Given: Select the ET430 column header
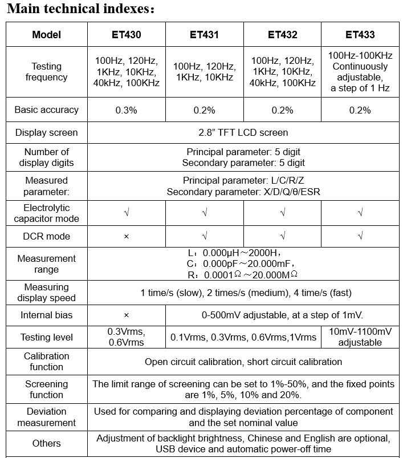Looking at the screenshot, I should click(126, 35).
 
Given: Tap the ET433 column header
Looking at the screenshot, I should click(360, 35).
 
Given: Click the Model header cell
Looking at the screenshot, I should click(47, 35).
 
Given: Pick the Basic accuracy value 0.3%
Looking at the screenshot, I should click(126, 110).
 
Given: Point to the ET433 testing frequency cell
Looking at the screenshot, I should click(360, 72).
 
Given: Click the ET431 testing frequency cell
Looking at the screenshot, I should click(204, 72).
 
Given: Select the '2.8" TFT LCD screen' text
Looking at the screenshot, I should click(243, 132).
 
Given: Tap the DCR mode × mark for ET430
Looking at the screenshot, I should click(126, 236).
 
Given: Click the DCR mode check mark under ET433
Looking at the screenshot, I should click(360, 236).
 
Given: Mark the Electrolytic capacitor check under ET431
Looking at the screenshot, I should click(204, 213).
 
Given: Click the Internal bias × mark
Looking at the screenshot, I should click(126, 315).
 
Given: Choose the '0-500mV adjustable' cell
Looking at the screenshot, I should click(282, 315).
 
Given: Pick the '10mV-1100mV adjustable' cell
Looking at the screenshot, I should click(360, 337).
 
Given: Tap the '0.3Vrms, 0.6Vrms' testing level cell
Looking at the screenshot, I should click(126, 337).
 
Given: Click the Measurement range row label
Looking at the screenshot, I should click(47, 264).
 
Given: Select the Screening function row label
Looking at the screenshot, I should click(47, 390).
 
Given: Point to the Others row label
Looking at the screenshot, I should click(47, 443).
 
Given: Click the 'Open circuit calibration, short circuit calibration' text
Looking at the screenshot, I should click(243, 362).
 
